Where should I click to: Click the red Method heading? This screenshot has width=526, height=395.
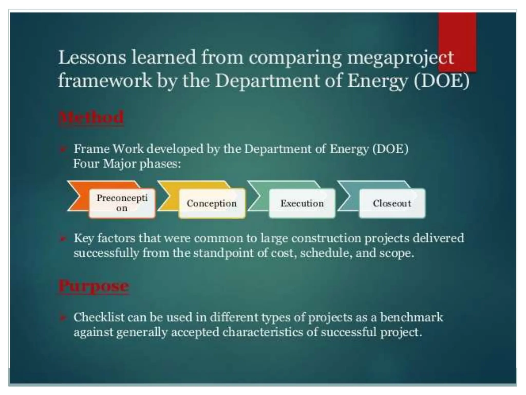(x=91, y=118)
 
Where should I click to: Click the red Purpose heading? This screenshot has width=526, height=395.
(x=94, y=286)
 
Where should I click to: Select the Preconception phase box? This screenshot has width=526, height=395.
(x=122, y=203)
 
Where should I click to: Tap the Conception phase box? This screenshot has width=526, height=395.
(x=212, y=203)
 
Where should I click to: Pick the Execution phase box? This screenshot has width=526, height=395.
(x=302, y=203)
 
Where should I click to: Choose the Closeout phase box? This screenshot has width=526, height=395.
(x=392, y=203)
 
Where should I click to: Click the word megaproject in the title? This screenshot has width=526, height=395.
(x=400, y=58)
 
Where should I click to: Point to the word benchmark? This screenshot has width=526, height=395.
(x=411, y=317)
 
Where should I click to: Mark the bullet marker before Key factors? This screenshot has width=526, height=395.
(x=63, y=239)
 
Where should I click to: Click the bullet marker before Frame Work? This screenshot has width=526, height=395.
(x=63, y=149)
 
